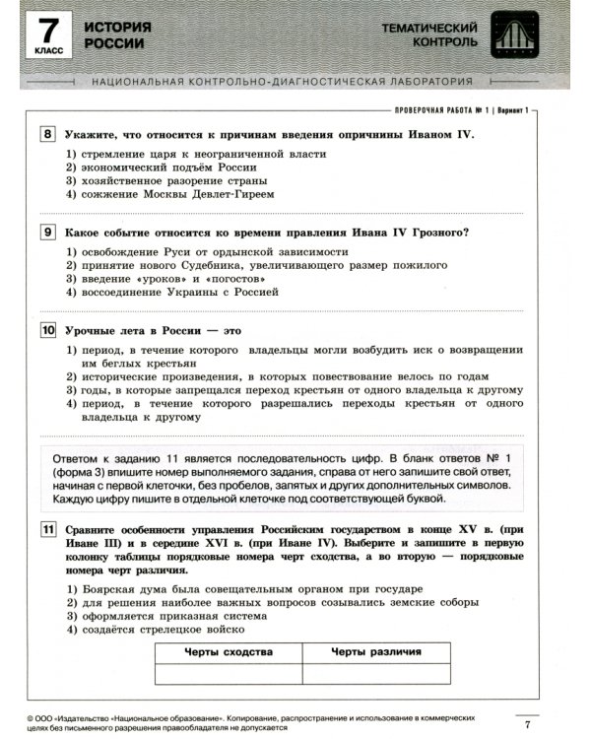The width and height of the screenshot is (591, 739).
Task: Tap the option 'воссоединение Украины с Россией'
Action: (x=171, y=293)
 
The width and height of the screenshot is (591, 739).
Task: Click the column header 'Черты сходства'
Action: (x=229, y=652)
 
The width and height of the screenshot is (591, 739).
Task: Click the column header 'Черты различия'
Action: (x=376, y=652)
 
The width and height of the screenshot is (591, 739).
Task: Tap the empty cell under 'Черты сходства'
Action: (x=229, y=673)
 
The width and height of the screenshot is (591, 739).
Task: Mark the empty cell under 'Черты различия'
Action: (x=376, y=673)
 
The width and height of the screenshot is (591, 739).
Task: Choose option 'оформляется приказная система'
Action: (x=162, y=615)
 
